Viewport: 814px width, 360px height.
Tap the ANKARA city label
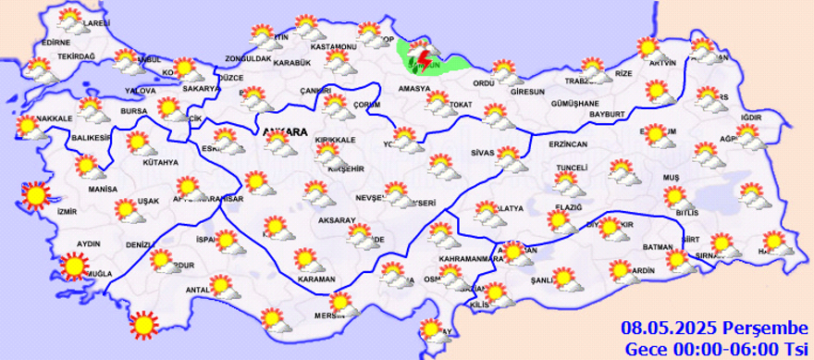click(285, 131)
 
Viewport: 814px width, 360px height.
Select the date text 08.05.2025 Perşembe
click(714, 328)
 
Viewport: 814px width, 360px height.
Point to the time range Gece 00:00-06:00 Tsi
click(716, 348)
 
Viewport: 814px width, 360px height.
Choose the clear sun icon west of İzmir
click(35, 195)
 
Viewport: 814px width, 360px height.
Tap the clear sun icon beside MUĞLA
click(72, 267)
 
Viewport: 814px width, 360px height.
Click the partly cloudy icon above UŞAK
click(128, 208)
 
